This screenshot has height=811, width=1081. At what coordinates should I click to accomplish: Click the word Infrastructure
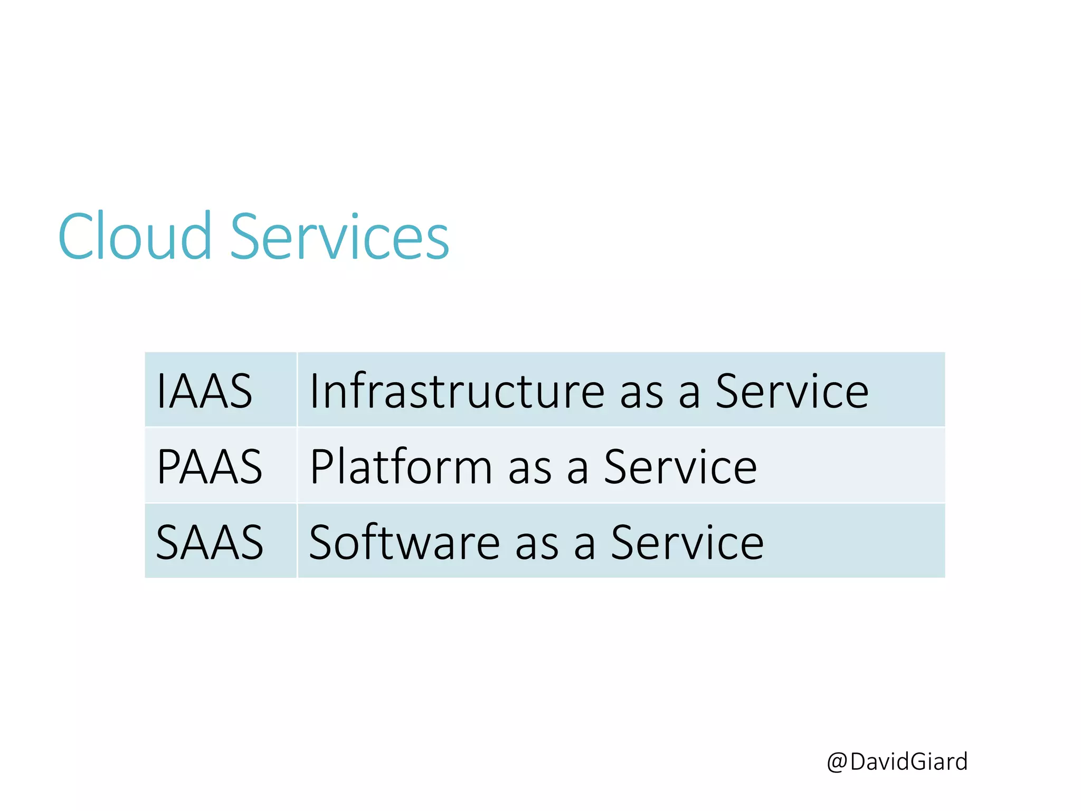click(x=457, y=391)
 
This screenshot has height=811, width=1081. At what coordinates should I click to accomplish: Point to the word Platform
click(x=401, y=467)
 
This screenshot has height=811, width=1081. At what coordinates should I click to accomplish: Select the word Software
click(x=404, y=543)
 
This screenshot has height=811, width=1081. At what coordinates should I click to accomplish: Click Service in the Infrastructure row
click(x=792, y=391)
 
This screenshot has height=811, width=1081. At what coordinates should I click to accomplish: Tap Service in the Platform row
click(x=680, y=467)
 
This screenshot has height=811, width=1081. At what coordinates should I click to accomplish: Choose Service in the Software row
click(x=687, y=543)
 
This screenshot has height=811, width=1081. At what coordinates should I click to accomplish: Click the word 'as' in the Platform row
click(x=530, y=470)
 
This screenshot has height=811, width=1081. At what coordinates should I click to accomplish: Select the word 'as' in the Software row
click(x=537, y=546)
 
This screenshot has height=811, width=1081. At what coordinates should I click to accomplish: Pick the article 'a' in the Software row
click(x=584, y=546)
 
